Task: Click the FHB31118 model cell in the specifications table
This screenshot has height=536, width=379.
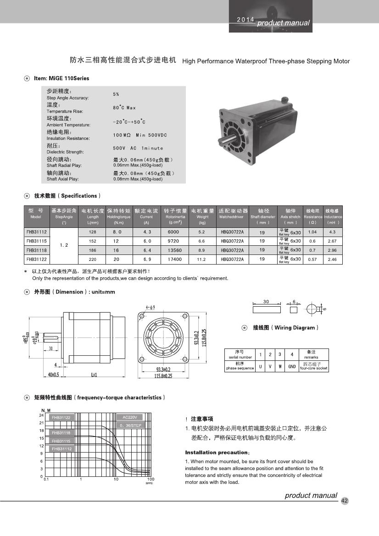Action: coord(36,250)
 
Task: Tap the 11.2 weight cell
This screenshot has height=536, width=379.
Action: coord(202,260)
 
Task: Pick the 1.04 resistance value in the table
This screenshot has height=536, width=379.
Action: coord(312,232)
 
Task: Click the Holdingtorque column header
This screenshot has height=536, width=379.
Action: coord(119,214)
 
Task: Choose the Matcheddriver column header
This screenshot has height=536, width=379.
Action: coord(233,214)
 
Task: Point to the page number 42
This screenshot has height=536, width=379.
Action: coord(345,501)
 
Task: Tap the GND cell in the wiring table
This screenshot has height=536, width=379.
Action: coord(292,367)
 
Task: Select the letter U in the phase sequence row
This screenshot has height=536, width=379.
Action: coord(260,367)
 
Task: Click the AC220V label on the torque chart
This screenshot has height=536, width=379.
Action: coord(130,417)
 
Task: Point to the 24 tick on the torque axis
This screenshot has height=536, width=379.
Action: coord(41,415)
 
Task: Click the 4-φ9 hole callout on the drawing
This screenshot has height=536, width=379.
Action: coord(150,307)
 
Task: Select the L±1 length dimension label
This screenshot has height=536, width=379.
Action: coord(95,375)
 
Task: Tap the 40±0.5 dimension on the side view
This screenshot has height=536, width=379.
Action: coord(54,375)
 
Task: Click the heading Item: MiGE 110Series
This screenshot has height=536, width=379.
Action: coord(61,78)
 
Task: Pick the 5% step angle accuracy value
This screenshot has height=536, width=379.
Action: coord(116,94)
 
